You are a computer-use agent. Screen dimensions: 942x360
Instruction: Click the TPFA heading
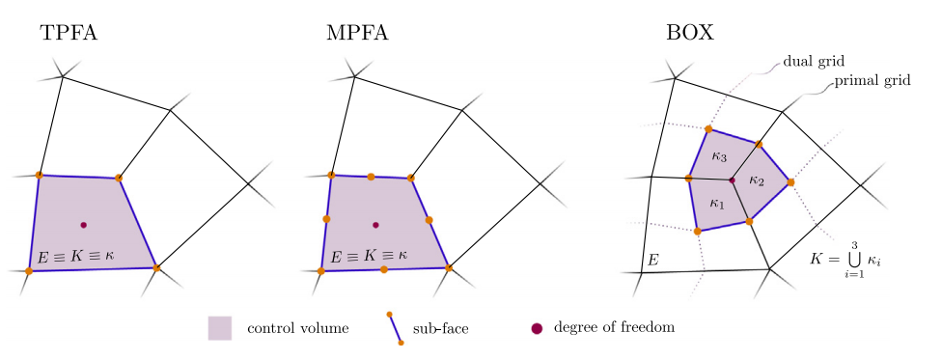point(69,33)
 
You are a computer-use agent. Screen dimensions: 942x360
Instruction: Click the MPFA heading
point(357,33)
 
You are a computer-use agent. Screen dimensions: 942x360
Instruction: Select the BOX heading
point(690,33)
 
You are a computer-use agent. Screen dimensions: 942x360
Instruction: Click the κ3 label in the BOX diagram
point(719,156)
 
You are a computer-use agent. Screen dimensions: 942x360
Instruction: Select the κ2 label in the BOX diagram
point(757,180)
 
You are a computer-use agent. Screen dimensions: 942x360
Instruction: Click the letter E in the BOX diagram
point(653,260)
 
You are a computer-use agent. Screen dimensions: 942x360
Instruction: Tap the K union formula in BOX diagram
point(847,260)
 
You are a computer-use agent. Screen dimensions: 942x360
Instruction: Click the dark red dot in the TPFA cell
point(84,225)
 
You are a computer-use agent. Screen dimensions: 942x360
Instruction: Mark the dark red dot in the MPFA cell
point(375,225)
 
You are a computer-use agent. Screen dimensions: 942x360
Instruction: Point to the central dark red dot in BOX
point(732,180)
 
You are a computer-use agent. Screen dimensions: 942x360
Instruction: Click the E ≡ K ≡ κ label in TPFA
point(75,256)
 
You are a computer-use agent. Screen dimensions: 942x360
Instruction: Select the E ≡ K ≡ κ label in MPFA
point(369,256)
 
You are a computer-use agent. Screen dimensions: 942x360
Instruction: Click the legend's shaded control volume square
point(220,328)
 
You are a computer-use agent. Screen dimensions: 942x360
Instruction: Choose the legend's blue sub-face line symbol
point(395,328)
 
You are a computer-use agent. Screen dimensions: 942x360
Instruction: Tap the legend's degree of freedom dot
point(537,328)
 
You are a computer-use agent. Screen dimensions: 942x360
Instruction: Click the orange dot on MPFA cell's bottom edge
point(384,269)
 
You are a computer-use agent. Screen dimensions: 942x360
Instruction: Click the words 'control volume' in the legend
point(298,328)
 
